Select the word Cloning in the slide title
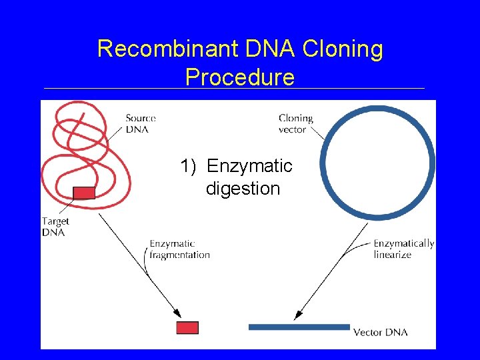343,49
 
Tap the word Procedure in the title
240,77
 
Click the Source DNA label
140,123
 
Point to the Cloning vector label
295,123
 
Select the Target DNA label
55,227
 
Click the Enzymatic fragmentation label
179,249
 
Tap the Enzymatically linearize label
403,249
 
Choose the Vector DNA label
380,332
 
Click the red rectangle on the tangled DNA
84,193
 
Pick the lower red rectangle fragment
187,327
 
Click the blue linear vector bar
299,327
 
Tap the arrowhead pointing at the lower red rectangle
177,313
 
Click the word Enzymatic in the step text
249,166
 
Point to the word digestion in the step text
243,189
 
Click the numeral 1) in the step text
189,166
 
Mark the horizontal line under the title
233,89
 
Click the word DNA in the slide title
275,49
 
